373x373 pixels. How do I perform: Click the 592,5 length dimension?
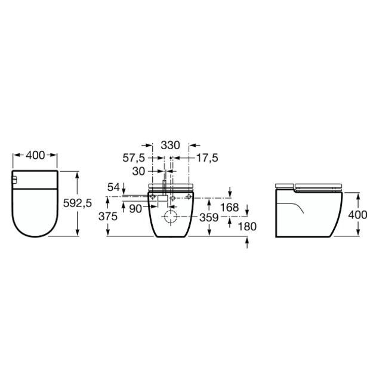78,203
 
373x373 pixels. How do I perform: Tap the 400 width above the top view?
35,155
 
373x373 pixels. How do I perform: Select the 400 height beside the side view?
357,215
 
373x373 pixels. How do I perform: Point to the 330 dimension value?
170,145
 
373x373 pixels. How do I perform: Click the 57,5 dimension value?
134,158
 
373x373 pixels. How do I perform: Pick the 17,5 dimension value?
207,158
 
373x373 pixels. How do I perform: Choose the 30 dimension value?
138,171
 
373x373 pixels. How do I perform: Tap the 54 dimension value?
113,187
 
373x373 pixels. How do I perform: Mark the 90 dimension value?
135,209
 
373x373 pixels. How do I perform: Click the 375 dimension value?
108,217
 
